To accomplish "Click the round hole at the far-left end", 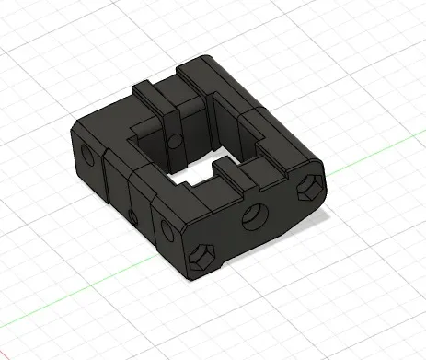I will pyautogui.click(x=89, y=154).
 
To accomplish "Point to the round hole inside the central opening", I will pyautogui.click(x=175, y=141).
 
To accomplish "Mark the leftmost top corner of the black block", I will pyautogui.click(x=73, y=124).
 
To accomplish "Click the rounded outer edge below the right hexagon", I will pyautogui.click(x=304, y=217).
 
